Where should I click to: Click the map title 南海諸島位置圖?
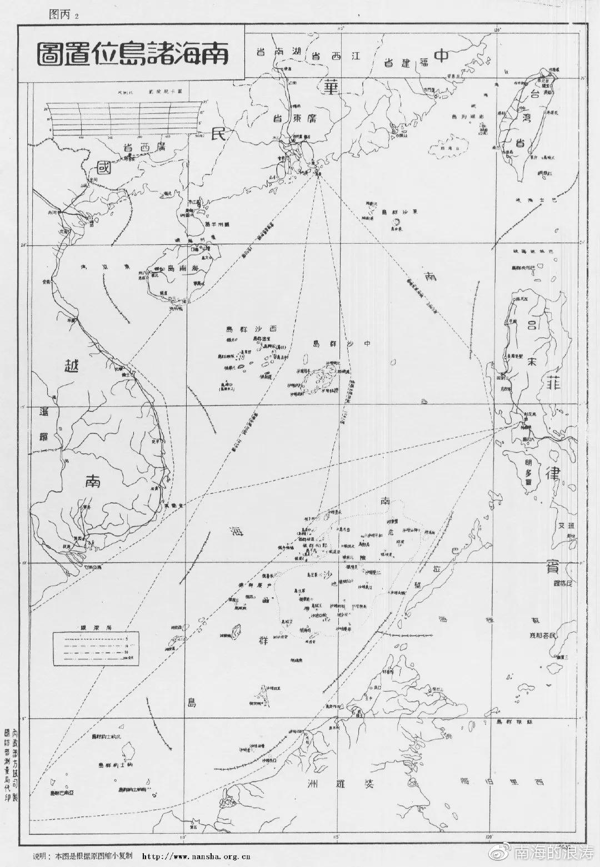click(x=133, y=54)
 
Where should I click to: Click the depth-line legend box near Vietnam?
click(x=94, y=648)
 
